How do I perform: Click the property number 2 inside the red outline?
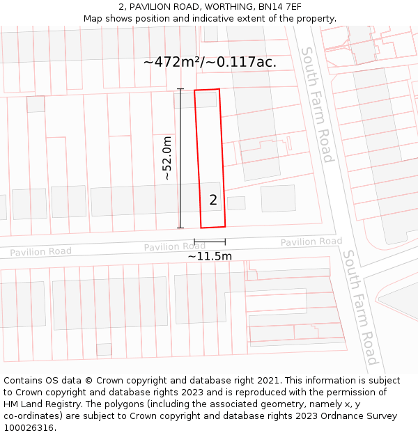(x=213, y=200)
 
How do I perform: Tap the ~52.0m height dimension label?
(x=168, y=159)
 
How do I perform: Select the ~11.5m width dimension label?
(x=210, y=256)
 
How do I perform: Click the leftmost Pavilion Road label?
(x=40, y=252)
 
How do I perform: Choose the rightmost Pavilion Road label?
(x=311, y=242)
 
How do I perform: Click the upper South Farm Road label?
(x=318, y=104)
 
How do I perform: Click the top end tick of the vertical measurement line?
(x=180, y=89)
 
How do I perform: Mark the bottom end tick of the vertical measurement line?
(x=180, y=228)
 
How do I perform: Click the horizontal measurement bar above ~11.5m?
(x=210, y=242)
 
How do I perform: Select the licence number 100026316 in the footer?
(x=29, y=428)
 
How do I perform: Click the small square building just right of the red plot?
(x=236, y=203)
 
